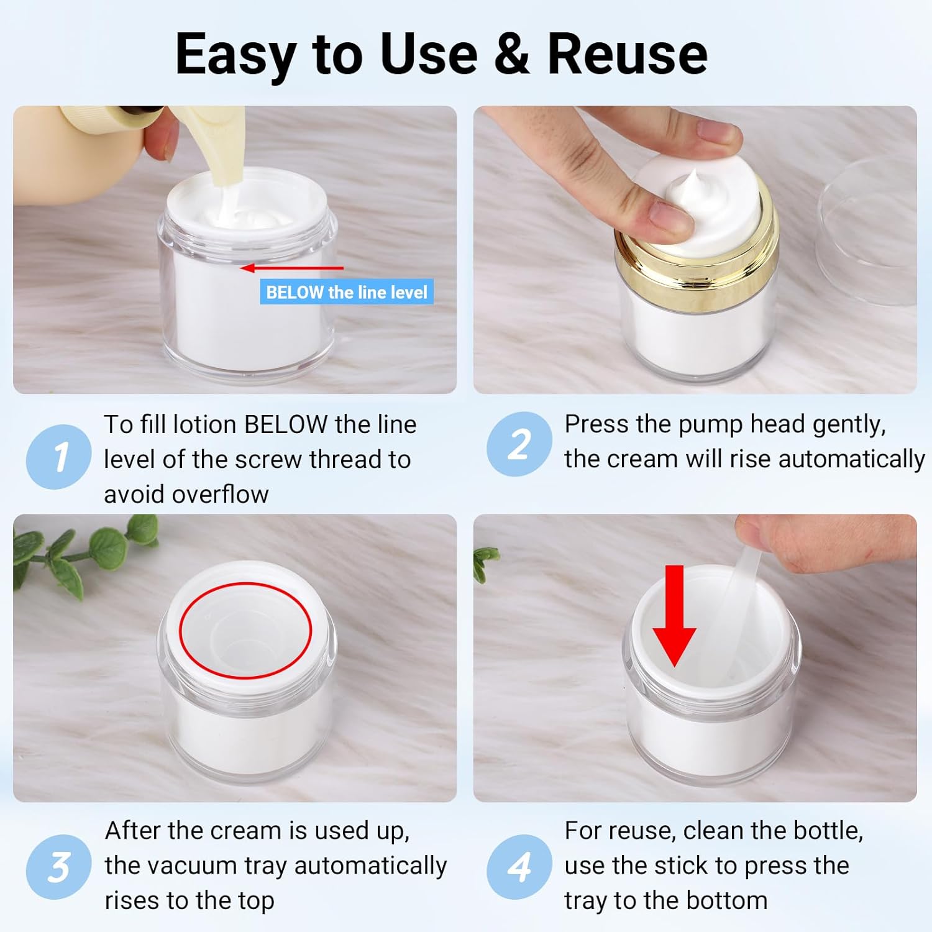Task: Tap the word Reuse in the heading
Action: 628,54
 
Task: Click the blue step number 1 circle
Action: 59,457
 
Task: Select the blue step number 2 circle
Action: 519,444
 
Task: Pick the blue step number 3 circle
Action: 59,867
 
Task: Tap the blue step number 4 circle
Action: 519,867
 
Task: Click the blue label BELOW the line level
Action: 347,292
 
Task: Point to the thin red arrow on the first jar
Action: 292,268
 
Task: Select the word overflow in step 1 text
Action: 221,495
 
